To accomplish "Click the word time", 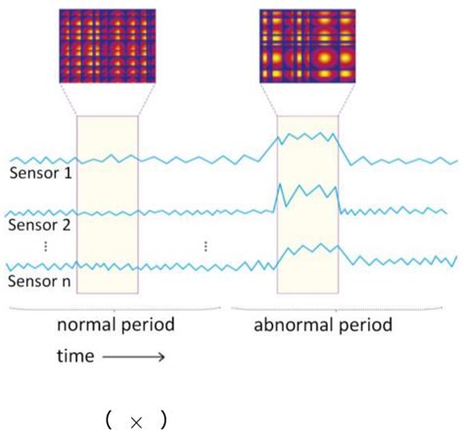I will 71,357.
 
